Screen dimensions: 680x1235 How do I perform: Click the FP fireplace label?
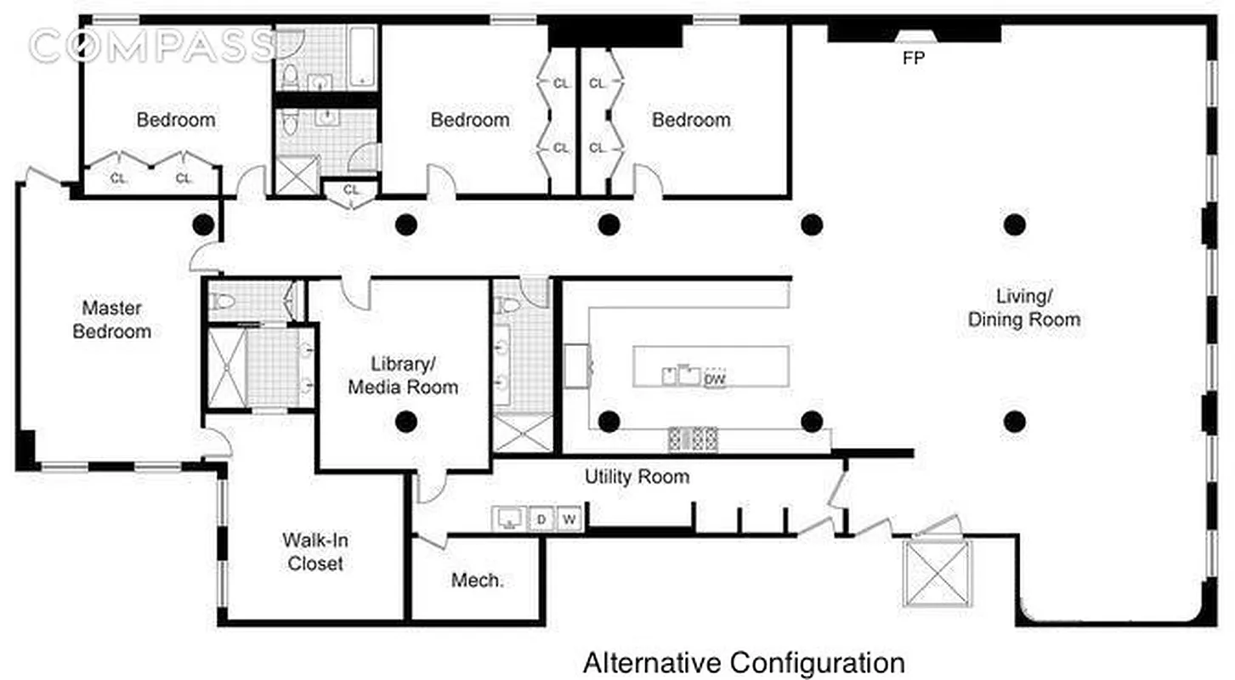(914, 59)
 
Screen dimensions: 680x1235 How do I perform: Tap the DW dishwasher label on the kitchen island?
(715, 380)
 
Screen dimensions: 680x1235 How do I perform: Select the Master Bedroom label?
(111, 320)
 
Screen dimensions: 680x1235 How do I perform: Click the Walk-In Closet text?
(315, 552)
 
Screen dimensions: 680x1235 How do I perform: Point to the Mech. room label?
(477, 581)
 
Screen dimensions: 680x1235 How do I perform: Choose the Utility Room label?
(637, 477)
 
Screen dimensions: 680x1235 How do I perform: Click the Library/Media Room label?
(403, 376)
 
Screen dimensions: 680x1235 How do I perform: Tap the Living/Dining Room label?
(1024, 308)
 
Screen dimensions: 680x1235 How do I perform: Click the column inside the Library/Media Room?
(406, 421)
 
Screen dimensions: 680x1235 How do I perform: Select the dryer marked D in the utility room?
(541, 518)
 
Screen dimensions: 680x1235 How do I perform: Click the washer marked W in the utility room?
(569, 518)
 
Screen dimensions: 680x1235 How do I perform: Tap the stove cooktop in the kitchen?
(693, 439)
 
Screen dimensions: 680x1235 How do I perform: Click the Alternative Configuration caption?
(743, 662)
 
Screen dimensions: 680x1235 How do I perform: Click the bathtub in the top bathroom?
(363, 56)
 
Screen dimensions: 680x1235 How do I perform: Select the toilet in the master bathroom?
(224, 301)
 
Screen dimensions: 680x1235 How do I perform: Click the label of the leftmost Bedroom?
(176, 120)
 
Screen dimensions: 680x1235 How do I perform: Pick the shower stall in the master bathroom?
(226, 367)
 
